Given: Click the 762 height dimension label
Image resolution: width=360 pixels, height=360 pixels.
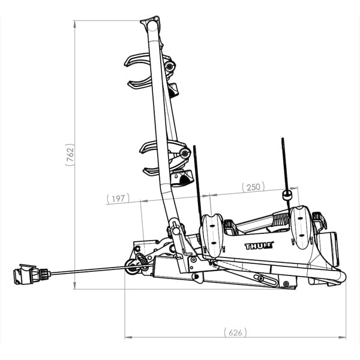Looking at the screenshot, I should tap(70, 155).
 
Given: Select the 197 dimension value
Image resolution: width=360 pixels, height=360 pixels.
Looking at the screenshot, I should tap(118, 198).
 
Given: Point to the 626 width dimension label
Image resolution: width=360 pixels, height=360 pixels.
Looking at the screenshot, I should tap(235, 332).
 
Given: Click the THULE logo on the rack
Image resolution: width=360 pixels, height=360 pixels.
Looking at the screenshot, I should tap(259, 245).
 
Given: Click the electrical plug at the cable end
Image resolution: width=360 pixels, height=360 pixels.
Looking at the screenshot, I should tap(27, 275).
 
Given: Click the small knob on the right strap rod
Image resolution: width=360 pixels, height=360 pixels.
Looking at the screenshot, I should tap(287, 195).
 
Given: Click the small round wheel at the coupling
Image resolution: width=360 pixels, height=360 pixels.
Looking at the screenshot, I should tap(131, 268).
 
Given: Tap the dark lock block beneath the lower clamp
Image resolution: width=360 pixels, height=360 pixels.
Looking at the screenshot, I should tap(182, 178).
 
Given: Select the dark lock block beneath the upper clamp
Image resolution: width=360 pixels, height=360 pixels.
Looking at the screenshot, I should tap(173, 90).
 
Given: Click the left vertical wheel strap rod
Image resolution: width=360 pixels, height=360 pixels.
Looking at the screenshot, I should tap(197, 180).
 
